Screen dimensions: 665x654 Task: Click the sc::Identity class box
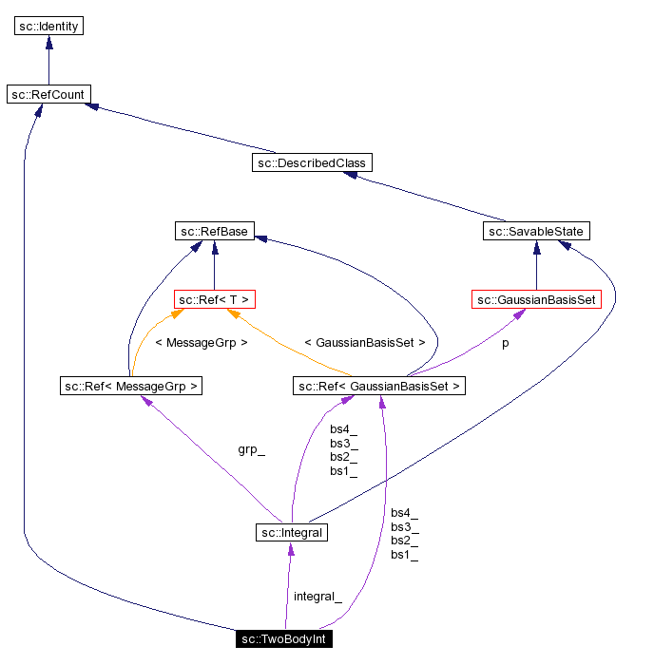tap(49, 26)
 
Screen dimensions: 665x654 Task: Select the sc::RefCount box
tap(48, 94)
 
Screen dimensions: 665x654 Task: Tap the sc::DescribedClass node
tap(311, 162)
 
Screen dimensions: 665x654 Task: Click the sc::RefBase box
tap(214, 231)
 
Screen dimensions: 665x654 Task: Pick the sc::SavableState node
tap(537, 231)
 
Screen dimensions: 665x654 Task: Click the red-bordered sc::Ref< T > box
tap(215, 299)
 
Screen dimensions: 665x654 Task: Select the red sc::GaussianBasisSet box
tap(536, 299)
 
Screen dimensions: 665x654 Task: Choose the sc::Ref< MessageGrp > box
tap(130, 386)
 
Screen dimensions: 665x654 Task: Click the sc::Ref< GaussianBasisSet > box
tap(379, 386)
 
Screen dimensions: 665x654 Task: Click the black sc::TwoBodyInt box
tap(284, 638)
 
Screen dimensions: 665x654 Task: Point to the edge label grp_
tap(251, 449)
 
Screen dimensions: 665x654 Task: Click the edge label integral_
tap(317, 596)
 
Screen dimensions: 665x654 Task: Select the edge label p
tap(505, 343)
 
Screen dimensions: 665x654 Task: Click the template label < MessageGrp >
tap(201, 342)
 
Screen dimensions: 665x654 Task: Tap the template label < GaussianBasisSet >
tap(364, 342)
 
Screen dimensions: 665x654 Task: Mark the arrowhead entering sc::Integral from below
tap(290, 550)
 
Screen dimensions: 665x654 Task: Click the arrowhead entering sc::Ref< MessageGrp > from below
tap(146, 401)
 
